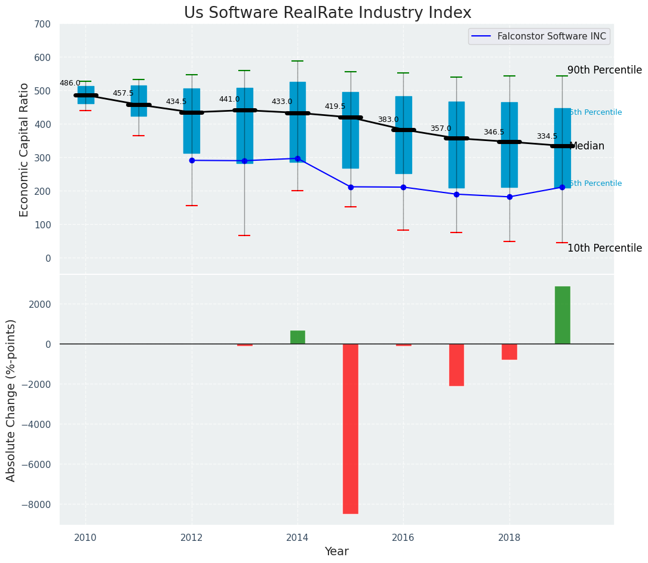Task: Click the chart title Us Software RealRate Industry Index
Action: (x=327, y=13)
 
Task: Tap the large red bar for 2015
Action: (x=351, y=428)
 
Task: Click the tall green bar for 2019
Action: (x=562, y=315)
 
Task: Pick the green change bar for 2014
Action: (x=297, y=337)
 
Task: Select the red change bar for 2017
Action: (x=456, y=365)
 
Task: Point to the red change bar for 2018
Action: (x=509, y=351)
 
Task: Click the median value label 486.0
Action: (x=70, y=83)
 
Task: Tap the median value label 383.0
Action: (x=388, y=120)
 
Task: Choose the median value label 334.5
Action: (x=547, y=136)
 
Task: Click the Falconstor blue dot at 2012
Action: (x=192, y=160)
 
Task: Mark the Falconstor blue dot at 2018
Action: (x=509, y=197)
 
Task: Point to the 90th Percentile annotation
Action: (x=604, y=70)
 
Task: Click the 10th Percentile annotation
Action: (x=604, y=248)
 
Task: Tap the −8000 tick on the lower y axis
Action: (x=39, y=504)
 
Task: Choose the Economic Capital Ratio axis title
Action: (x=24, y=149)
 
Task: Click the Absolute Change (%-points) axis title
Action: (x=11, y=400)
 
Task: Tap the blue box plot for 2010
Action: (x=86, y=95)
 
